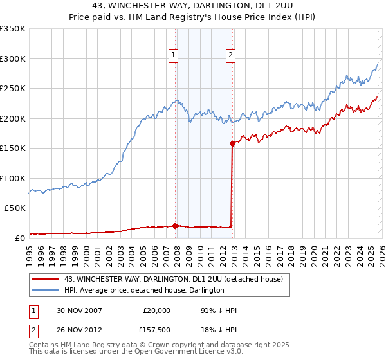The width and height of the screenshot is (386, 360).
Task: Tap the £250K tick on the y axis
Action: pos(13,89)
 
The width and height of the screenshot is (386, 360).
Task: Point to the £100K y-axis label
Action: pos(13,178)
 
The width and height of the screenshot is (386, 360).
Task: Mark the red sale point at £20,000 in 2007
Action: pos(176,226)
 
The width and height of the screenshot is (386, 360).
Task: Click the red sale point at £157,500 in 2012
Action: pos(232,144)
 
